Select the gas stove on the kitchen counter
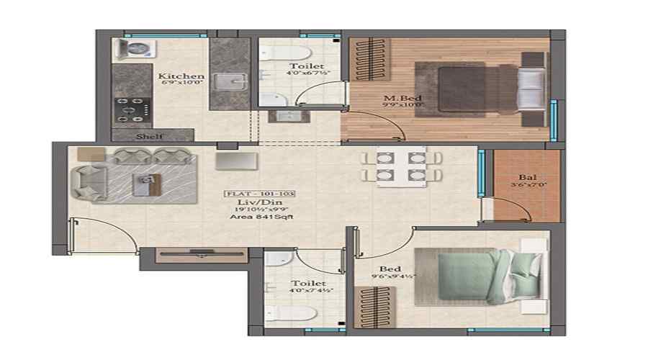click(132, 109)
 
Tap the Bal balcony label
click(527, 177)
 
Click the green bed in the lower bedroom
click(472, 276)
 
